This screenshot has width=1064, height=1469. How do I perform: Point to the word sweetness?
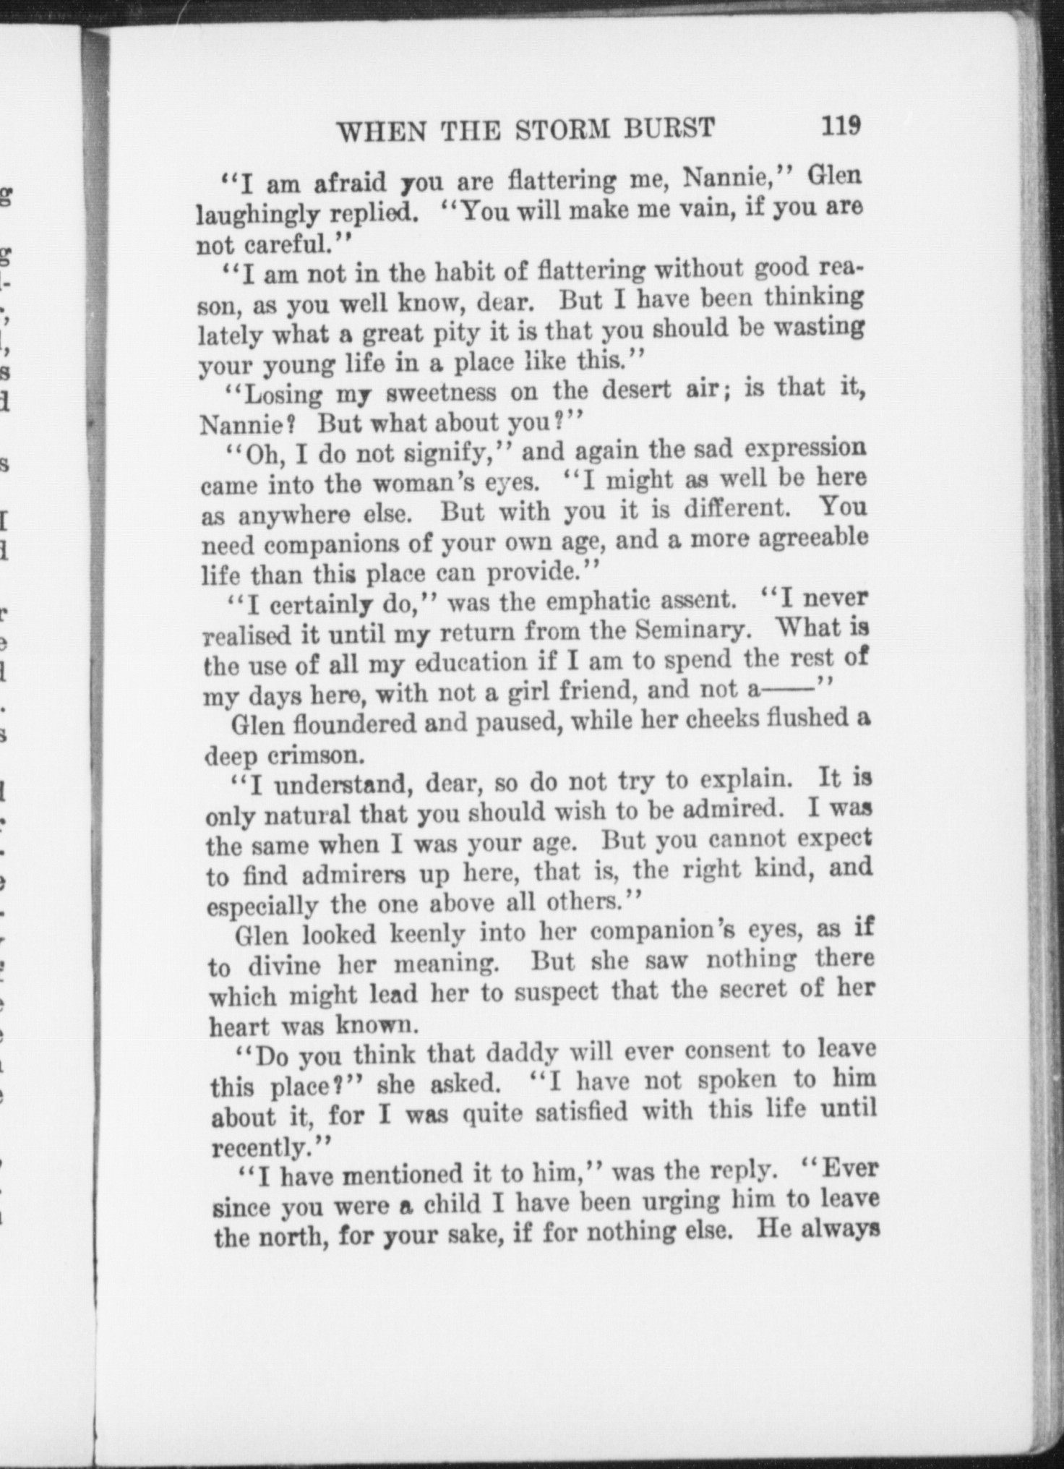tap(441, 393)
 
